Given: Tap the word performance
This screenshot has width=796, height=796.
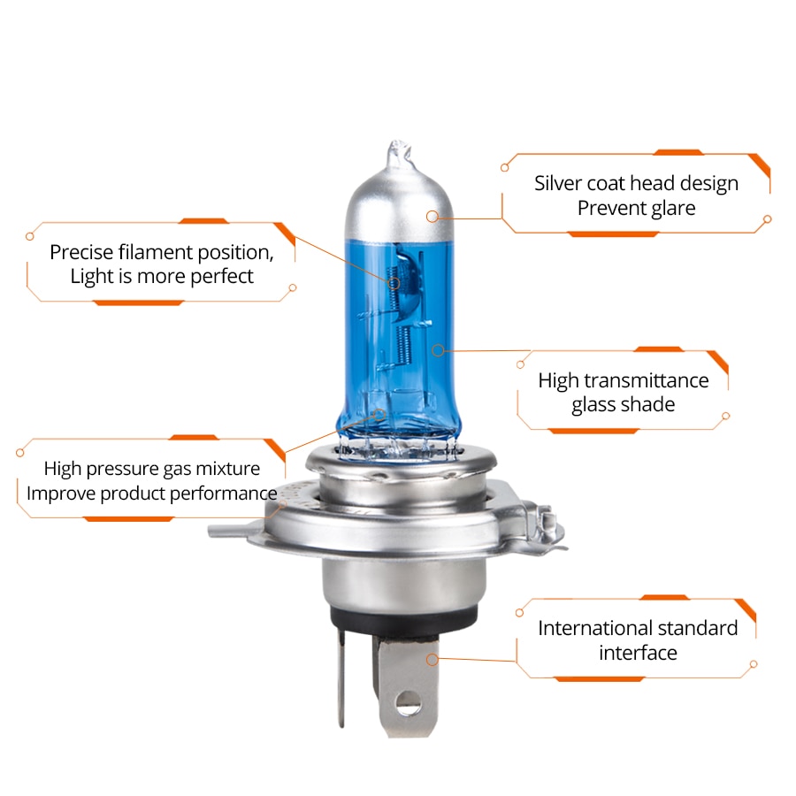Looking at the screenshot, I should pos(221,493).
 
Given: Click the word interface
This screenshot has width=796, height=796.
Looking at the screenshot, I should pos(638,653).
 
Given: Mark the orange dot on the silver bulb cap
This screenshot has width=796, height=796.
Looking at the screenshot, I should pos(432,216).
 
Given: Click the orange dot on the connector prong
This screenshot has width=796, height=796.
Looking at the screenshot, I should pos(432,659).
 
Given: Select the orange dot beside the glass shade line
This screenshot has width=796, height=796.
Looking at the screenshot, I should pos(436,350).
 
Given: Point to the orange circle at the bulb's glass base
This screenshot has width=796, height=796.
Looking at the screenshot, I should pos(380,414).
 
